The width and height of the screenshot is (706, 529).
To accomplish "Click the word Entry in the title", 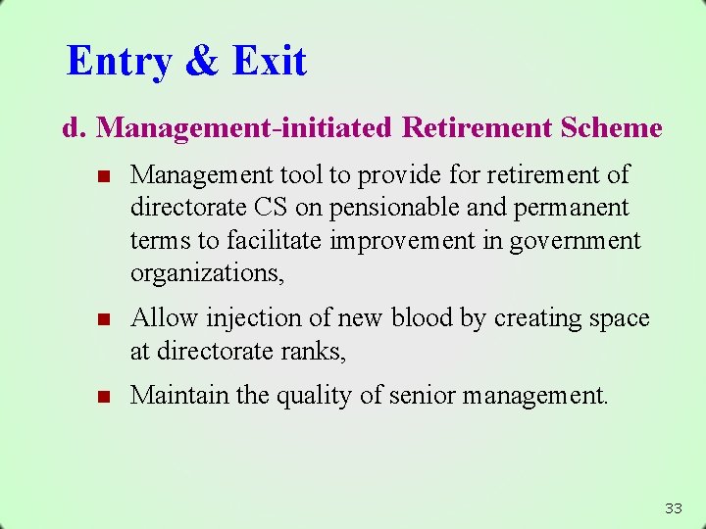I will click(119, 61).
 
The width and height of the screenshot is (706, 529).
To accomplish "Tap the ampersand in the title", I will click(202, 61).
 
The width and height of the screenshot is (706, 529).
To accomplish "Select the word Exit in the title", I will click(270, 61).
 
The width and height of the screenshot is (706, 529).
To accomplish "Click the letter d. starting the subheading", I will click(75, 128).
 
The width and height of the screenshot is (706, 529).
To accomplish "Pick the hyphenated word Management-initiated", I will click(244, 128).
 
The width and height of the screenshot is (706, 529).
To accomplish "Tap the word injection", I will click(239, 318).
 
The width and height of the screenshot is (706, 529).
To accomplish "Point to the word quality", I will click(321, 396).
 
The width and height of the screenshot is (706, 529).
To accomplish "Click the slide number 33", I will click(673, 507).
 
